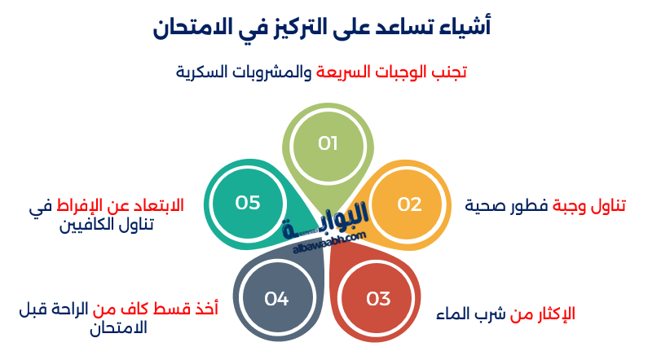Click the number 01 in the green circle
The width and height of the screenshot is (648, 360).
click(x=328, y=144)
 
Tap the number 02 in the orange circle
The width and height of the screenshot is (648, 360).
click(x=409, y=204)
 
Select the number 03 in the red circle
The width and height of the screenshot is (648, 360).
click(x=378, y=299)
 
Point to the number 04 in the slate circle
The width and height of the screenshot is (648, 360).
click(x=276, y=299)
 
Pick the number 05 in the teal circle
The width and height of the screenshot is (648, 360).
click(x=247, y=203)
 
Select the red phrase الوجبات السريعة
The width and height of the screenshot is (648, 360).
click(x=368, y=72)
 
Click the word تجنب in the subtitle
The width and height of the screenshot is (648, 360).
click(x=447, y=72)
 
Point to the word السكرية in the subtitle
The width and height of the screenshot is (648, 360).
click(x=203, y=72)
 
